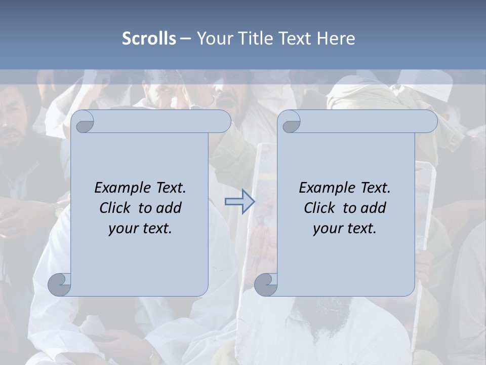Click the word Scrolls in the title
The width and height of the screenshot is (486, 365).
point(149,39)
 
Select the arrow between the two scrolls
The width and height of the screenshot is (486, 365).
point(239,202)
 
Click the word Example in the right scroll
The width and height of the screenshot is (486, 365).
point(327,188)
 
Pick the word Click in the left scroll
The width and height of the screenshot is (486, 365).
point(115,208)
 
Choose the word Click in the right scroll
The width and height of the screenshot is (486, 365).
point(320,208)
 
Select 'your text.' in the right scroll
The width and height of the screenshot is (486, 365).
point(345,228)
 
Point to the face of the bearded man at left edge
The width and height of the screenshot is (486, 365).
point(13,127)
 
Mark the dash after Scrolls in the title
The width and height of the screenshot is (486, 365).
point(185,39)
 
